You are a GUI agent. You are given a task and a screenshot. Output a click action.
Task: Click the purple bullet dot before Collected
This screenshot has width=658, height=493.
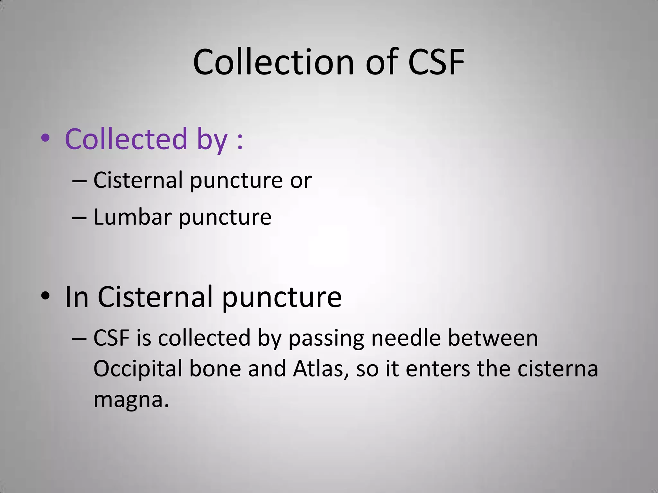[45, 138]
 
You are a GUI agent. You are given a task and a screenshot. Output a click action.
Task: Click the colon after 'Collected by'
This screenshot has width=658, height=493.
[240, 142]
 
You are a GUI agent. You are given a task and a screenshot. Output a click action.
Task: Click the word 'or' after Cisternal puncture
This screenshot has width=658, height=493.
[301, 181]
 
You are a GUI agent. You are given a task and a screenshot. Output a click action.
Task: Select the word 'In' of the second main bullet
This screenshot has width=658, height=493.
[76, 297]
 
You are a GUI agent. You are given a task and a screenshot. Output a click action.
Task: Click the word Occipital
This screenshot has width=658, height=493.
[138, 369]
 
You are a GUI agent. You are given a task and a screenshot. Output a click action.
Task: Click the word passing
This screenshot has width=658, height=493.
[326, 339]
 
